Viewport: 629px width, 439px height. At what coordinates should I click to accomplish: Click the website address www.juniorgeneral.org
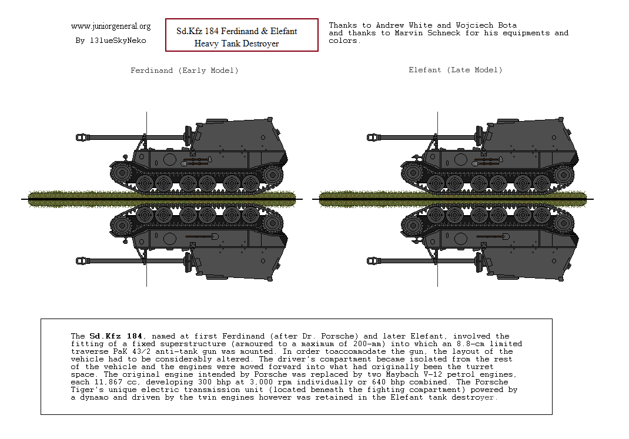(111, 26)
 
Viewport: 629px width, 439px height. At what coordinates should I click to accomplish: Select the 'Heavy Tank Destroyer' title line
(236, 43)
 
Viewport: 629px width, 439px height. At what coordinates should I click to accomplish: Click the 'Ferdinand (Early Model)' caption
(184, 71)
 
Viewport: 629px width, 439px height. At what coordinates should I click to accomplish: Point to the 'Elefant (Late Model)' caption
(456, 70)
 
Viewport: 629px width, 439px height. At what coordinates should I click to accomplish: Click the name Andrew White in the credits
(405, 25)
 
